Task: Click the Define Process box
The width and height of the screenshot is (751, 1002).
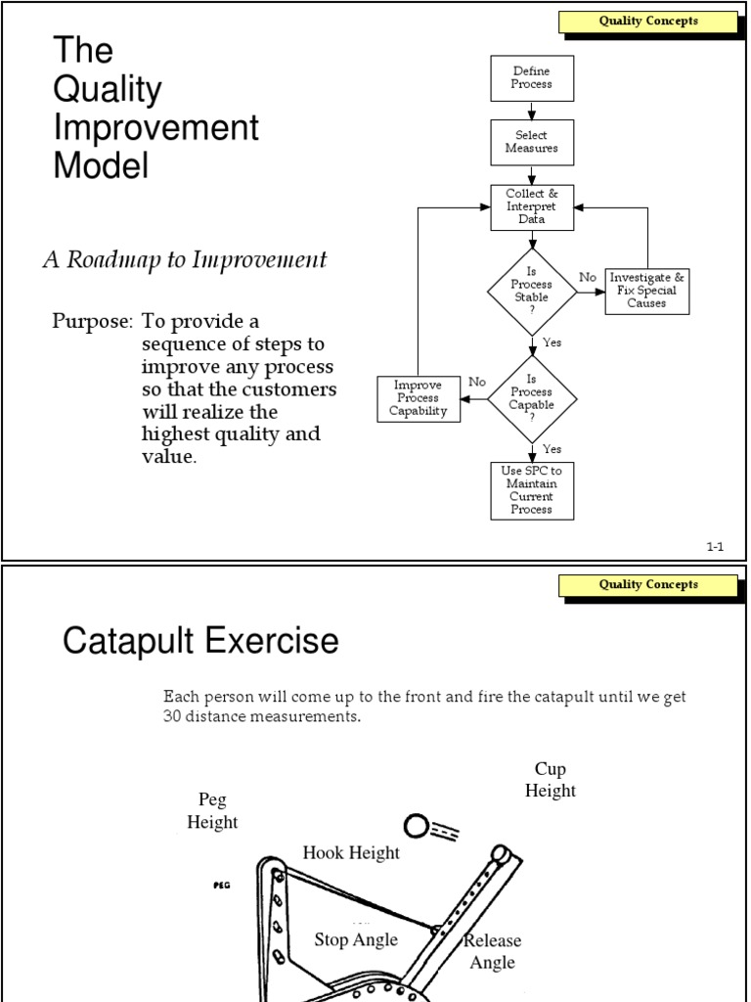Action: coord(531,78)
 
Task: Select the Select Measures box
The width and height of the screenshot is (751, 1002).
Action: coord(531,142)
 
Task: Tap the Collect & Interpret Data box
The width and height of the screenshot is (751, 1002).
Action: coord(531,207)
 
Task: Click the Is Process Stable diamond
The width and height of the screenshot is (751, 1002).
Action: coord(532,291)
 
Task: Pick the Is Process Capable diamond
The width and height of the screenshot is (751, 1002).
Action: coord(532,398)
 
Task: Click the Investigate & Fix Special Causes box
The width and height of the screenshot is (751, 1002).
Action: coord(646,291)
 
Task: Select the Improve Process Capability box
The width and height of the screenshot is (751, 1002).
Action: coord(419,398)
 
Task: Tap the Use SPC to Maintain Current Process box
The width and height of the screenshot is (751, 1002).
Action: coord(531,490)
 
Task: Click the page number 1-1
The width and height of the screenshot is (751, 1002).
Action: coord(715,548)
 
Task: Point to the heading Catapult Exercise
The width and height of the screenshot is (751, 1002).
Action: coord(200,642)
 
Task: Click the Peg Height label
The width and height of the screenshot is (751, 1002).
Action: coord(212,811)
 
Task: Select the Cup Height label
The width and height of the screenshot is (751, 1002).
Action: coord(550,780)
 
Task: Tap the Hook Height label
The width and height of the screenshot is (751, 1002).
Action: coord(351,852)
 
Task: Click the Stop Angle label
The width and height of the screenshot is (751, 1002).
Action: coord(356,939)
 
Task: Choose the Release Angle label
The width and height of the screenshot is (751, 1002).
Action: coord(492,951)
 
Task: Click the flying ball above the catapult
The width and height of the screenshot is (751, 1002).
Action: coord(415,829)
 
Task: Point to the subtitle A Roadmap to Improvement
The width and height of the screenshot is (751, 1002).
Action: coord(184,260)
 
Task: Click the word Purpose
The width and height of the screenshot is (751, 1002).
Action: coord(92,322)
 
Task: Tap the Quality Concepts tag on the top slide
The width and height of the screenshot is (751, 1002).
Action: coord(648,22)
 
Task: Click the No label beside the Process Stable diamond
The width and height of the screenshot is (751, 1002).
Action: coord(587,278)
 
